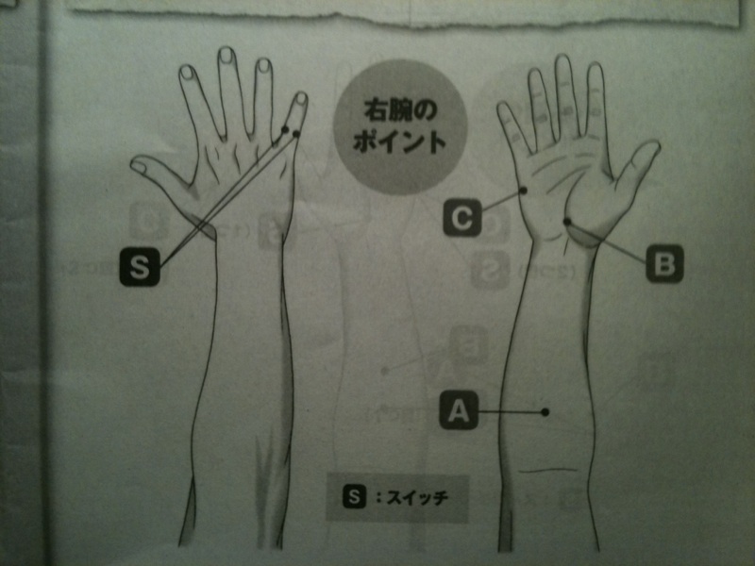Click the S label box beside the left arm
(x=140, y=267)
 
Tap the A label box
(x=459, y=410)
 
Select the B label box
(x=664, y=264)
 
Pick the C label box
(x=462, y=218)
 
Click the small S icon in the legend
(x=355, y=496)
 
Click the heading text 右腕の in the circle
(x=400, y=110)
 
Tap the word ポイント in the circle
(x=399, y=141)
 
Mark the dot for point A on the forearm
(x=545, y=411)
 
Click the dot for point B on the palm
(x=567, y=222)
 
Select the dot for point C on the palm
(x=525, y=191)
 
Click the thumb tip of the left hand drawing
(x=136, y=162)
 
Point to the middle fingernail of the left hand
(x=226, y=57)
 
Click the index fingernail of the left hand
(x=187, y=74)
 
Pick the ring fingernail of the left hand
(x=263, y=66)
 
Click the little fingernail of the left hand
(x=300, y=99)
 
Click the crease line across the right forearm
(x=547, y=470)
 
